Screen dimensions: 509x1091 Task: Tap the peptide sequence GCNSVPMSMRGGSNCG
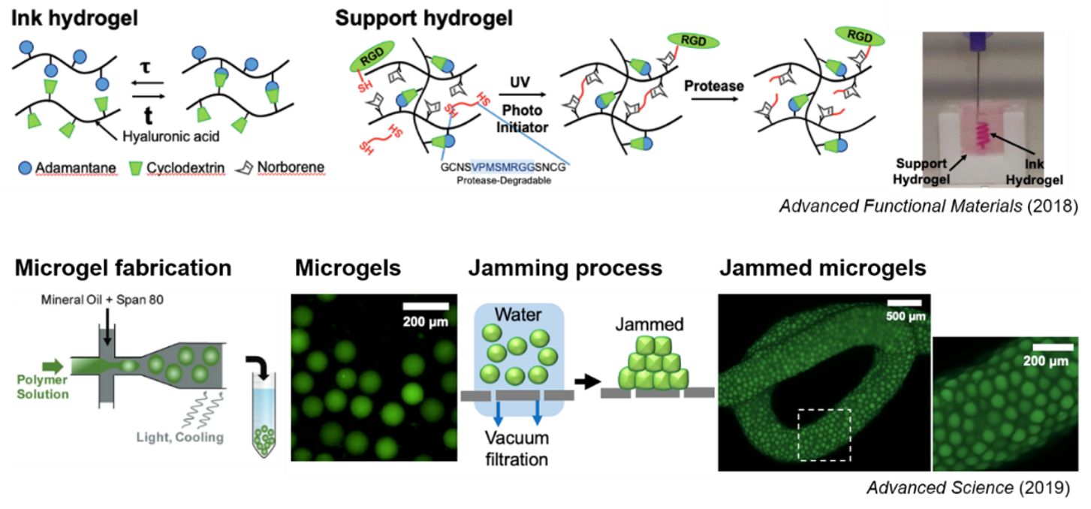503,167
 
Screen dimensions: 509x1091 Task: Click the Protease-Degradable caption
503,180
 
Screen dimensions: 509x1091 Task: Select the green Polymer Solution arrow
53,366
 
